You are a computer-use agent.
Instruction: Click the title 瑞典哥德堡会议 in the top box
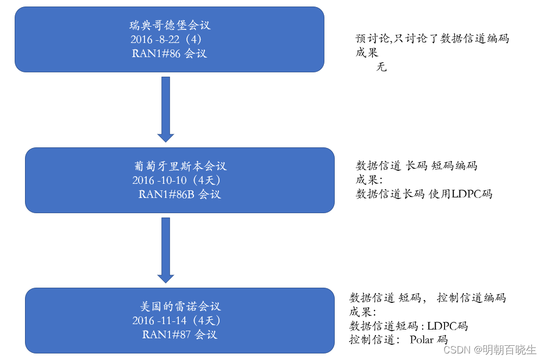(x=170, y=25)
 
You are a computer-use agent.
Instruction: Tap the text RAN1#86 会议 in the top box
(x=169, y=53)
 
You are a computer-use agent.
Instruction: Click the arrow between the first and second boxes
(x=165, y=109)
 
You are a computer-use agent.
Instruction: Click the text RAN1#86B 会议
(x=179, y=194)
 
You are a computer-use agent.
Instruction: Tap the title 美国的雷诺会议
(x=180, y=306)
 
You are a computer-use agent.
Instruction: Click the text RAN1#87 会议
(x=179, y=334)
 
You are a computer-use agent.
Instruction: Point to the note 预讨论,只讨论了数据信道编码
(x=432, y=39)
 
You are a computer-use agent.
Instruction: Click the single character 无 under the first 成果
(x=381, y=67)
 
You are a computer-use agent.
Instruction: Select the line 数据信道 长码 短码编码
(x=416, y=165)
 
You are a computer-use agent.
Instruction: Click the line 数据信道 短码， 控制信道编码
(x=427, y=298)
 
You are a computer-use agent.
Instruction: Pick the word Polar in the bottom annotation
(x=422, y=340)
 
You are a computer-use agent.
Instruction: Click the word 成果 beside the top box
(x=367, y=53)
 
